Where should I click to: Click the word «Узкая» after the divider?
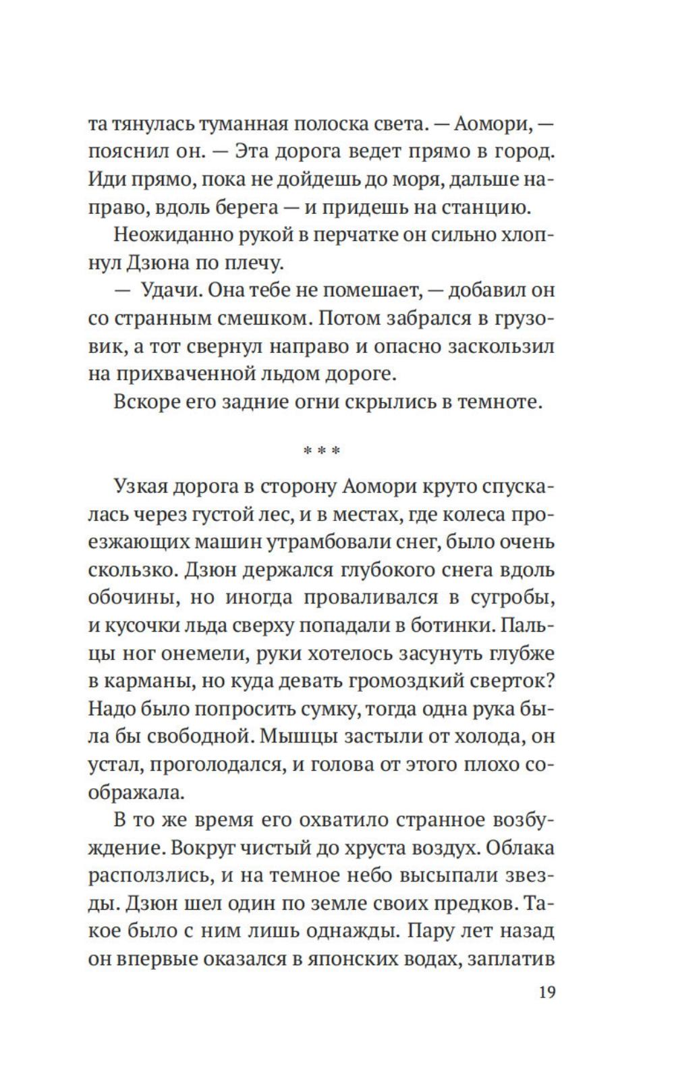pos(145,487)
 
